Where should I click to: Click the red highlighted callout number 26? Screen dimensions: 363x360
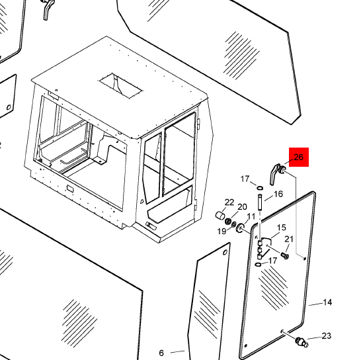point(298,157)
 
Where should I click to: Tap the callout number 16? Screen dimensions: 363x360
point(278,194)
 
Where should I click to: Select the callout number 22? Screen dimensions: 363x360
point(229,202)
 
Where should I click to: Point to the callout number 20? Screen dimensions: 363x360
point(242,206)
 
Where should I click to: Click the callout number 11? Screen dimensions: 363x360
point(251,216)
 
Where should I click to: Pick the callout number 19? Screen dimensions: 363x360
point(222,231)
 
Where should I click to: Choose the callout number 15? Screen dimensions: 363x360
point(282,228)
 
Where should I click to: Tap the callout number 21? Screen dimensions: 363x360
point(289,239)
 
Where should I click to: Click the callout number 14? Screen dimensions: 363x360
point(327,302)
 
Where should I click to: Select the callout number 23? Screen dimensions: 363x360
point(327,336)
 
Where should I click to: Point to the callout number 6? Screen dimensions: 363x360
point(161,353)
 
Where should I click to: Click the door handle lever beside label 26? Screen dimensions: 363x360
point(274,174)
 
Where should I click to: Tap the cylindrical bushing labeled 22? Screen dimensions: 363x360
point(220,216)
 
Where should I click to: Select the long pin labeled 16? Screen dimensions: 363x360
point(260,202)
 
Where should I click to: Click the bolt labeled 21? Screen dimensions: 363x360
point(285,255)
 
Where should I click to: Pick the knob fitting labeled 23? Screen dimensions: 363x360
point(302,341)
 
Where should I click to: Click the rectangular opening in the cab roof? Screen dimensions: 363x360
point(120,86)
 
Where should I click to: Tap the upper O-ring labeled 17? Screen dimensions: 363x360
point(260,187)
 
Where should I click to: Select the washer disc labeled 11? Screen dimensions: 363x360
point(240,228)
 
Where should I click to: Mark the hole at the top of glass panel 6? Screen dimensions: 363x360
point(225,252)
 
